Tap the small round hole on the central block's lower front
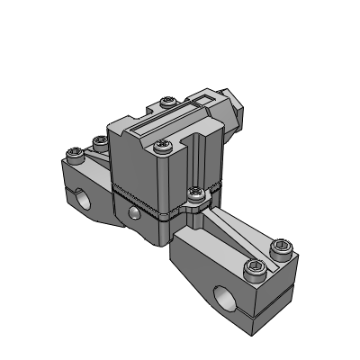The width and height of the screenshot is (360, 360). tap(133, 212)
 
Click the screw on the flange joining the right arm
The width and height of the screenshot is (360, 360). tap(195, 192)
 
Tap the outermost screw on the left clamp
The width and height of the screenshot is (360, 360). tap(75, 155)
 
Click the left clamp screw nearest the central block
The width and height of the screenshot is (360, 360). tap(98, 141)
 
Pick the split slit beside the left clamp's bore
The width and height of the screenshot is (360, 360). tap(73, 193)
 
